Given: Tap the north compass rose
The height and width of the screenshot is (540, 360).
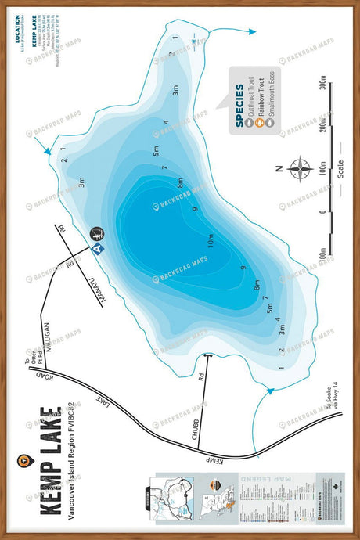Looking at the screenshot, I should tap(300, 168).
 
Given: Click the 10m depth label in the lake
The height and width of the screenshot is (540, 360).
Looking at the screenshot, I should tap(211, 239).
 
